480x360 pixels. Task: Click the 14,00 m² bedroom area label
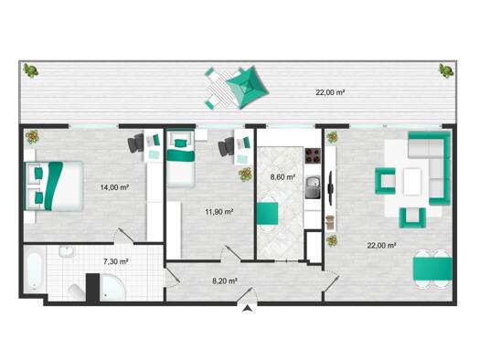pyautogui.click(x=114, y=187)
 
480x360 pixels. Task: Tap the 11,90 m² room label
pyautogui.click(x=219, y=211)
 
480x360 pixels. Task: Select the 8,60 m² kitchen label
pyautogui.click(x=283, y=176)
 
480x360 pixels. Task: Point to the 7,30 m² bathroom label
pyautogui.click(x=115, y=261)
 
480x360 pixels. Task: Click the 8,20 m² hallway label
pyautogui.click(x=225, y=281)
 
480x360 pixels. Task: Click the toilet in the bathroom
pyautogui.click(x=76, y=292)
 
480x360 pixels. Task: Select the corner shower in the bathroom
pyautogui.click(x=112, y=287)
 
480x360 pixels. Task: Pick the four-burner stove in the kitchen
pyautogui.click(x=313, y=155)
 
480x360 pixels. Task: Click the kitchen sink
pyautogui.click(x=313, y=187)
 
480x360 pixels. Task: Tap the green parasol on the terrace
pyautogui.click(x=249, y=88)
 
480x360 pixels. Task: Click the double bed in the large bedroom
pyautogui.click(x=54, y=186)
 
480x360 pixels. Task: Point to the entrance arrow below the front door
pyautogui.click(x=247, y=308)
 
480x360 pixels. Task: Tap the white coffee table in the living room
pyautogui.click(x=412, y=182)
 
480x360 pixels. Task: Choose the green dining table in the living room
pyautogui.click(x=432, y=269)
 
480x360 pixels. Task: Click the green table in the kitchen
pyautogui.click(x=267, y=213)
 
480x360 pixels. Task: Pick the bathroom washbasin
pyautogui.click(x=67, y=251)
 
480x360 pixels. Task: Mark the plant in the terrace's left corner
pyautogui.click(x=31, y=70)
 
